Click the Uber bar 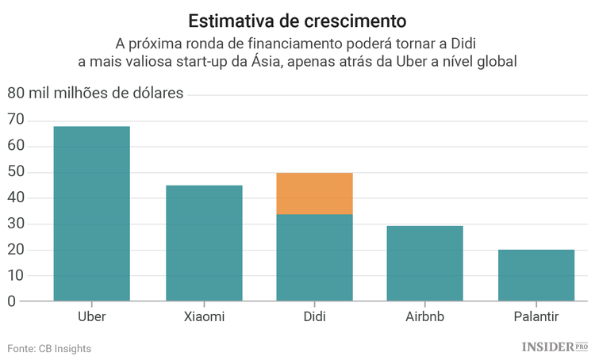tap(91, 214)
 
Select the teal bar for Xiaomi tap(204, 243)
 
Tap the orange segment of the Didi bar tap(315, 193)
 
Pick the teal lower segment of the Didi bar tap(315, 258)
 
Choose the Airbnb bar tap(425, 263)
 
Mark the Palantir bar tap(536, 275)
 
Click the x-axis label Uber tap(91, 317)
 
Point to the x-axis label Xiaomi tap(204, 317)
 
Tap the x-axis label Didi tap(315, 317)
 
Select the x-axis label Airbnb tap(425, 317)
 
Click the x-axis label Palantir tap(536, 317)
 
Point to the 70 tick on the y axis tap(16, 121)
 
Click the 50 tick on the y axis tap(16, 172)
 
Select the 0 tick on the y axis tap(11, 302)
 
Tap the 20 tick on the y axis tap(16, 250)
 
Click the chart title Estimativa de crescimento tap(297, 19)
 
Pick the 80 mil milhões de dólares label tap(95, 94)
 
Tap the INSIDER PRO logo tap(555, 347)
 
